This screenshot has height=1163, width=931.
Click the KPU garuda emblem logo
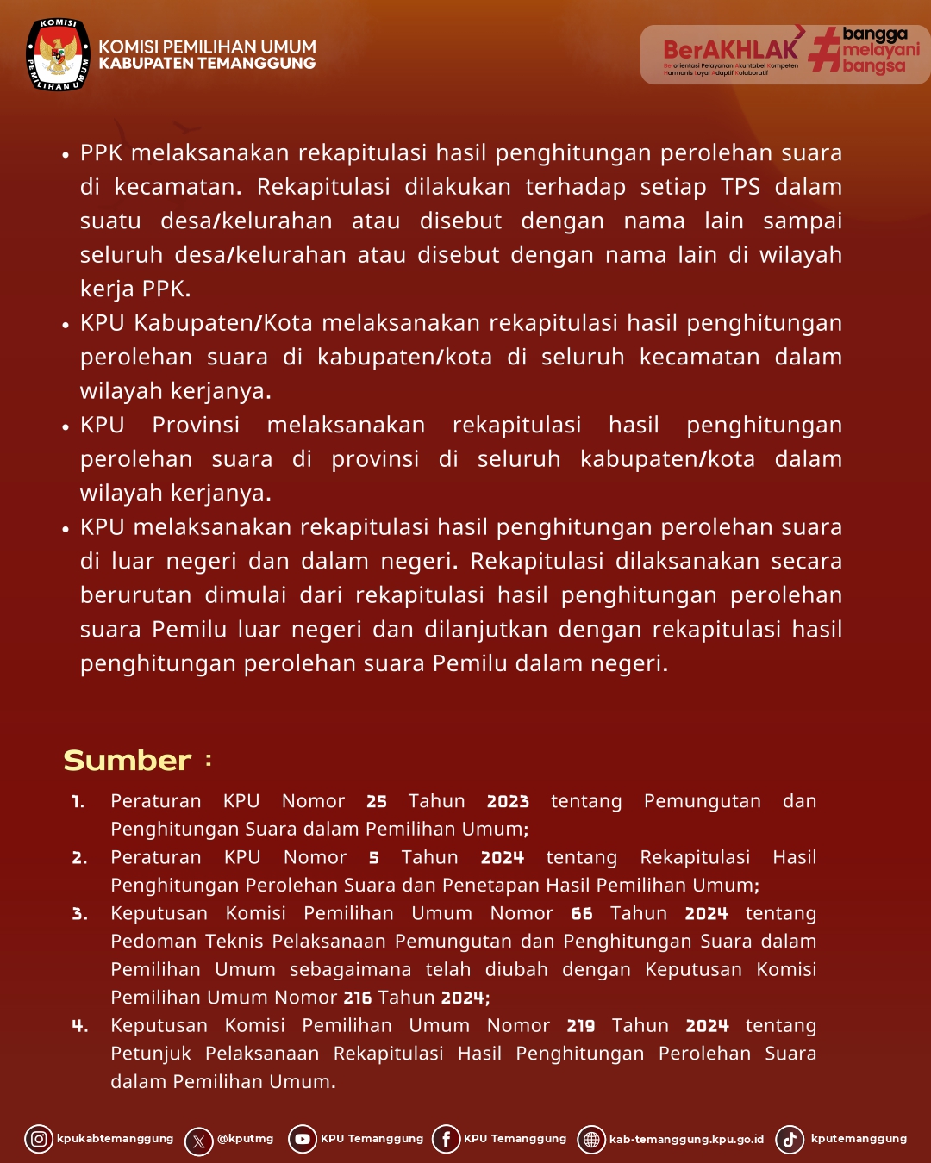(x=58, y=54)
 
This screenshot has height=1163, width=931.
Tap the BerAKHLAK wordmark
(x=730, y=50)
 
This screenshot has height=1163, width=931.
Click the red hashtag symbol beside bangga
(x=824, y=49)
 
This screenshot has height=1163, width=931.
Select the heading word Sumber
(x=128, y=760)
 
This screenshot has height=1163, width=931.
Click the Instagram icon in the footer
(x=39, y=1139)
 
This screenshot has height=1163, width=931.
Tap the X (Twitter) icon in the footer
(x=199, y=1141)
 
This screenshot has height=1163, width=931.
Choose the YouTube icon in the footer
(x=303, y=1139)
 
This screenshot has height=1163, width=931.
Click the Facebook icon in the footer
(x=446, y=1139)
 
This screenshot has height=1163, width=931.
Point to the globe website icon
(x=591, y=1140)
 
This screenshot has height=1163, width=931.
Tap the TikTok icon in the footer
(x=790, y=1139)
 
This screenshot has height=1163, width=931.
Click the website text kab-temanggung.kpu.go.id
(x=686, y=1139)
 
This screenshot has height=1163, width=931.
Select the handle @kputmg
(x=245, y=1139)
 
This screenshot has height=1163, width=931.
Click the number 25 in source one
(x=377, y=801)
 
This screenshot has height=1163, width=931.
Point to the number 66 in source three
(x=582, y=913)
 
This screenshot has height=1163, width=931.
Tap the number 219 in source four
(x=581, y=1026)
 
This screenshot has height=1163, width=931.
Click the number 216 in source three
(x=358, y=998)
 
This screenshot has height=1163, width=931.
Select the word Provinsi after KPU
(x=196, y=425)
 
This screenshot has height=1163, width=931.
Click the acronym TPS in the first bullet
(x=740, y=187)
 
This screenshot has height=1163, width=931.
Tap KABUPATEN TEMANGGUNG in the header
(x=207, y=63)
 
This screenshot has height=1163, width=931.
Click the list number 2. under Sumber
(x=79, y=858)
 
